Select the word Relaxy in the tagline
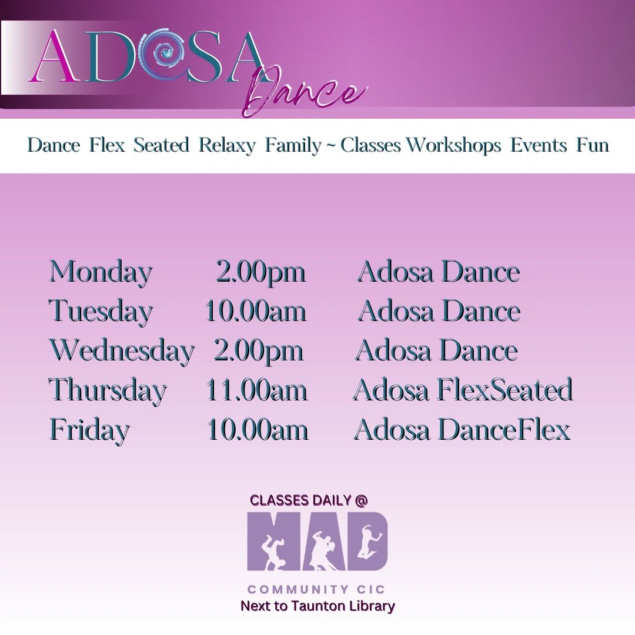pyautogui.click(x=227, y=145)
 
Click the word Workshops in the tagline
pyautogui.click(x=453, y=145)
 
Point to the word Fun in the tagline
pyautogui.click(x=593, y=145)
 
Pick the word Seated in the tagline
pyautogui.click(x=162, y=145)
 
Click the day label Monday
pyautogui.click(x=101, y=273)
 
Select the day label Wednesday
pyautogui.click(x=122, y=350)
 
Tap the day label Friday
pyautogui.click(x=89, y=430)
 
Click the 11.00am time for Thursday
pyautogui.click(x=257, y=390)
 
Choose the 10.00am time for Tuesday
pyautogui.click(x=256, y=311)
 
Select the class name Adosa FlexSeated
pyautogui.click(x=463, y=390)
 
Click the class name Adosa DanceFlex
pyautogui.click(x=463, y=430)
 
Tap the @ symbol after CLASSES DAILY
pyautogui.click(x=361, y=500)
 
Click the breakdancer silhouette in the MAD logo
pyautogui.click(x=274, y=552)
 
